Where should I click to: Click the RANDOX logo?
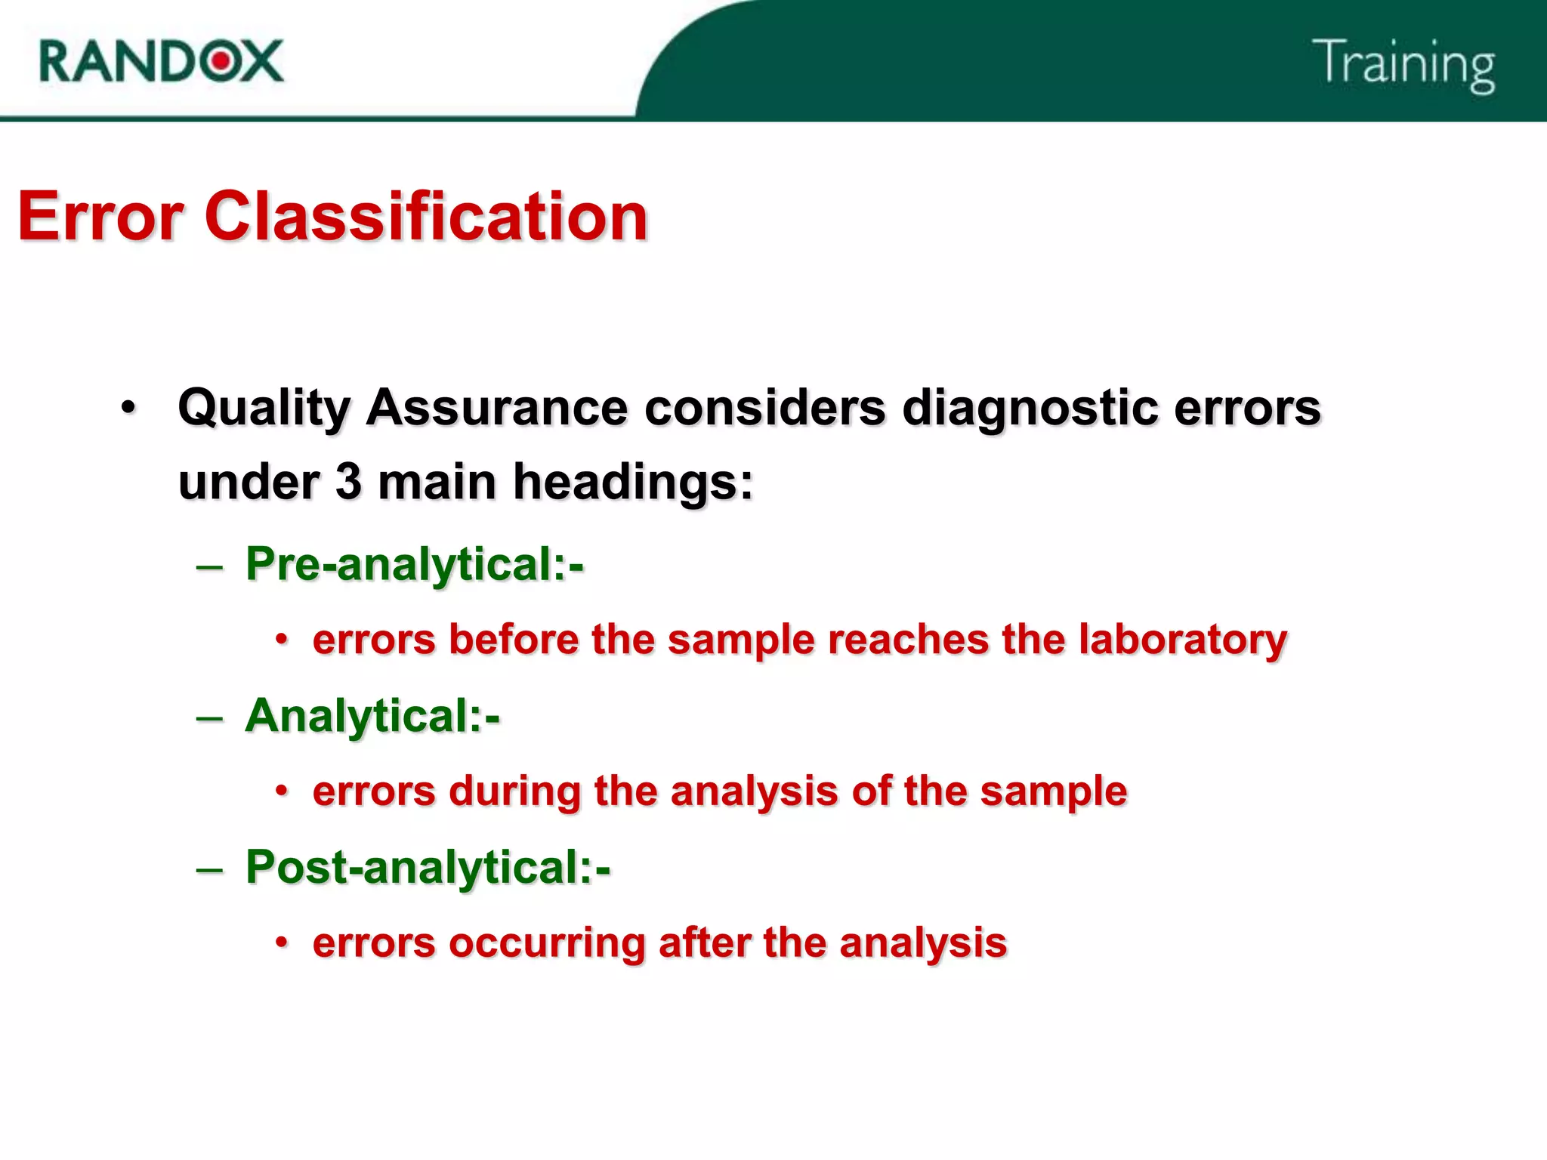pyautogui.click(x=161, y=61)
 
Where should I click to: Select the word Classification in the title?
pyautogui.click(x=426, y=217)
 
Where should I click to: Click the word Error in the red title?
pyautogui.click(x=100, y=217)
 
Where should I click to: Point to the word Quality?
pyautogui.click(x=264, y=409)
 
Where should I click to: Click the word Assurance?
pyautogui.click(x=496, y=407)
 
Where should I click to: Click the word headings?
pyautogui.click(x=633, y=483)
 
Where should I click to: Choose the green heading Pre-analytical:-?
pyautogui.click(x=415, y=564)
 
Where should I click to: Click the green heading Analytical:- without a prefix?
pyautogui.click(x=372, y=716)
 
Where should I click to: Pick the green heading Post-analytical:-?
pyautogui.click(x=428, y=867)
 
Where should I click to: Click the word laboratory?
pyautogui.click(x=1182, y=640)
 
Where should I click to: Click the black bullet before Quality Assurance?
pyautogui.click(x=129, y=408)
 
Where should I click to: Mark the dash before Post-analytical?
pyautogui.click(x=209, y=869)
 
